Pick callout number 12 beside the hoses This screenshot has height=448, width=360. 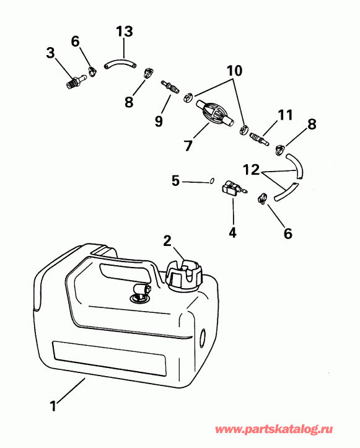click(250, 168)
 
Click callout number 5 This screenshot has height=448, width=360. click(175, 181)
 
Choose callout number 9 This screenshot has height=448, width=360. click(159, 121)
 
